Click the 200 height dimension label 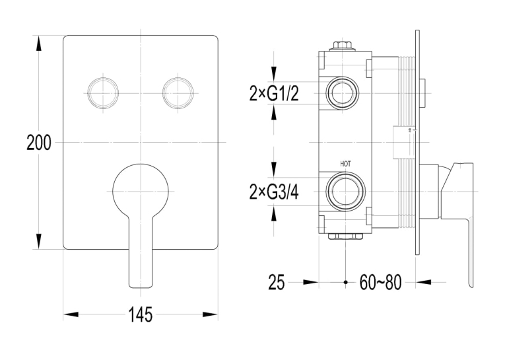coord(39,143)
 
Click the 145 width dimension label coord(141,314)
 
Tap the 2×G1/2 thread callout coord(274,94)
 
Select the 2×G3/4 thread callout coord(274,192)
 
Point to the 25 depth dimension coord(277,283)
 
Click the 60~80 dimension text coord(380,283)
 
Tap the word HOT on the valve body coord(345,164)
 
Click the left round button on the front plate coord(103,93)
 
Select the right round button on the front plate coord(178,93)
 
